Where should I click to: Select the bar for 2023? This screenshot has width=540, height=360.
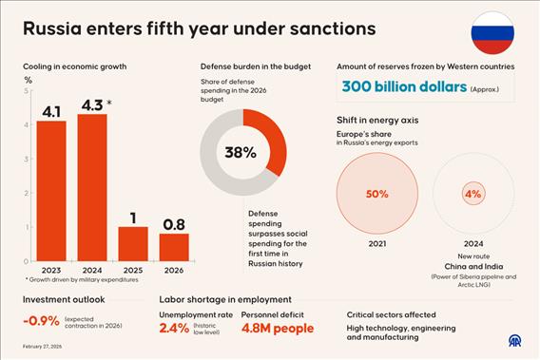52,189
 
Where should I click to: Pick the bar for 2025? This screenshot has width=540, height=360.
133,242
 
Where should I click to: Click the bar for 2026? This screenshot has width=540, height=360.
174,246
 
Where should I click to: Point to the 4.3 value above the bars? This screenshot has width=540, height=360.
91,104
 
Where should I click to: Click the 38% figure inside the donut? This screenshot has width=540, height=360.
241,153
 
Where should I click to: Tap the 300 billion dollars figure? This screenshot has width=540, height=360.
404,87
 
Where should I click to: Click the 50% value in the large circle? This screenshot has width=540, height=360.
377,194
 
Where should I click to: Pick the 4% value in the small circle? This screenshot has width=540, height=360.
472,194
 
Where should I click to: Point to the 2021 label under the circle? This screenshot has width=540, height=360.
377,243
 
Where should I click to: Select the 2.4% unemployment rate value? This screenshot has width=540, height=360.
174,330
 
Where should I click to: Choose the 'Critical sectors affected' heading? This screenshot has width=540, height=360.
391,314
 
